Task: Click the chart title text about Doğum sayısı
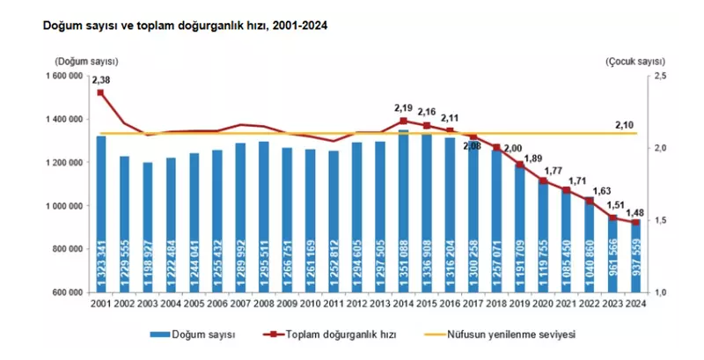click(185, 26)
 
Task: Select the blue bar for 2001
click(100, 216)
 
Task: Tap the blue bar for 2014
click(403, 211)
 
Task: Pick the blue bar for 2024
click(634, 255)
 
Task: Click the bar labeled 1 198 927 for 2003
click(147, 229)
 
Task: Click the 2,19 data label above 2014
click(403, 108)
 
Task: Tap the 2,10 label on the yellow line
click(626, 125)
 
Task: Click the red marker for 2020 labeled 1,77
click(543, 181)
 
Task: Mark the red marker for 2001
click(100, 92)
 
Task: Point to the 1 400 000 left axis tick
click(64, 120)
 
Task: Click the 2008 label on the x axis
click(263, 305)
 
